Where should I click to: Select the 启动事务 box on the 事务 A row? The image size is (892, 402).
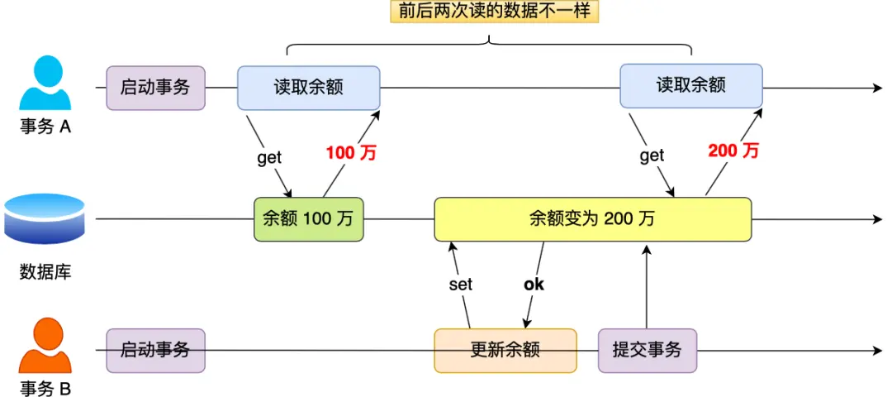[155, 88]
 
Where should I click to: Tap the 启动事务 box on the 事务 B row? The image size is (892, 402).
[155, 350]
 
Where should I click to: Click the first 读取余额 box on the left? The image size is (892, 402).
[308, 88]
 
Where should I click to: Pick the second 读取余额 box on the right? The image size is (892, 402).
[690, 86]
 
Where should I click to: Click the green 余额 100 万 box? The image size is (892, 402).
[308, 219]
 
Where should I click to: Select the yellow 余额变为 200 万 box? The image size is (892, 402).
[592, 219]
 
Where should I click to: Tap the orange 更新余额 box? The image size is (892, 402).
[505, 350]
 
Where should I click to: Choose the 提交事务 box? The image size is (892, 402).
[647, 350]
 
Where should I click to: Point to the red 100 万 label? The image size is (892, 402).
[351, 152]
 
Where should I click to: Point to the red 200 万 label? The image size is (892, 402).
[733, 151]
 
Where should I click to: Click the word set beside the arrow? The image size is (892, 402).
[460, 285]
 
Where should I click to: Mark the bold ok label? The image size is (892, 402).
[534, 285]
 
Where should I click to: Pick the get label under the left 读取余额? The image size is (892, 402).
[269, 158]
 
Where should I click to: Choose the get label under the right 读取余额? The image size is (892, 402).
[652, 156]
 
